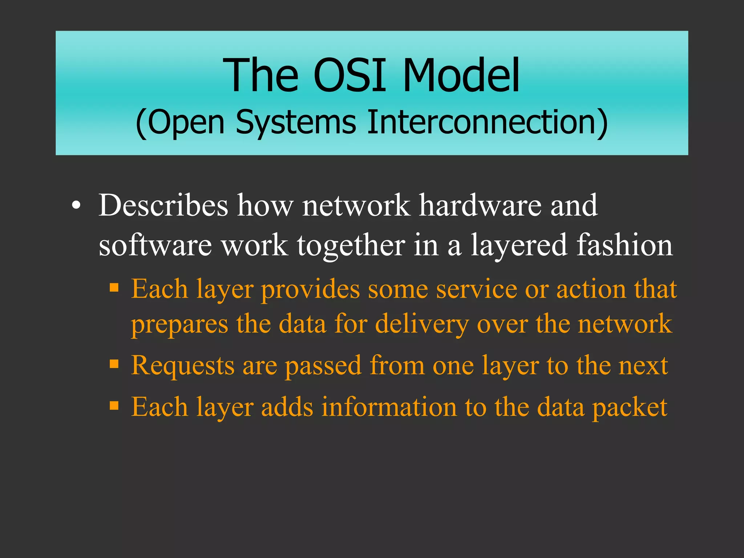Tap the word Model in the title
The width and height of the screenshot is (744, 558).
[461, 76]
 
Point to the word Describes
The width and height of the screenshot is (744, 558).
[163, 205]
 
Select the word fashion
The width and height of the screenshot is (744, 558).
[624, 245]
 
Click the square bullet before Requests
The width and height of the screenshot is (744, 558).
[114, 364]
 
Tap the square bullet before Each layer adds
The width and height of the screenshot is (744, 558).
[114, 405]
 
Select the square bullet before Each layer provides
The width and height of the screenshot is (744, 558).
[114, 288]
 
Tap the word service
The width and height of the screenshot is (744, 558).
[476, 290]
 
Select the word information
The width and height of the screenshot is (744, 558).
[389, 407]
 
